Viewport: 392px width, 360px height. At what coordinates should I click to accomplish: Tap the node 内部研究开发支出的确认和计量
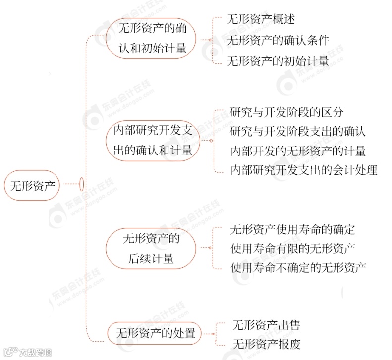point(152,141)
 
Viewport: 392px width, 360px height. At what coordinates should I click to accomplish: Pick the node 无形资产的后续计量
point(151,249)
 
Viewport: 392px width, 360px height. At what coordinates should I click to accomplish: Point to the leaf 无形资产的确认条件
point(278,40)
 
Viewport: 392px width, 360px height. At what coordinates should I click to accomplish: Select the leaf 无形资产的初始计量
point(278,61)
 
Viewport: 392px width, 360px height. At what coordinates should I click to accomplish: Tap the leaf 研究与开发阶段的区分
point(287,112)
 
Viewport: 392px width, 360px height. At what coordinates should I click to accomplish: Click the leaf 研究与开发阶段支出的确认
point(298,131)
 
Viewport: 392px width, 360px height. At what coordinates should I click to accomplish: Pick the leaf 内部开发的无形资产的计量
point(298,151)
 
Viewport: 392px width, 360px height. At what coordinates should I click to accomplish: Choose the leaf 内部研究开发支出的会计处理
point(304,170)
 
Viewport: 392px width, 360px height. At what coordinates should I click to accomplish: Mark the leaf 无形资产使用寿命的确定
point(292,229)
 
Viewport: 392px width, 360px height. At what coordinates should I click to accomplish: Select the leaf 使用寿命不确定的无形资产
point(298,268)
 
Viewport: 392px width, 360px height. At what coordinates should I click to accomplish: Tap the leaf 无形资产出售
point(266,325)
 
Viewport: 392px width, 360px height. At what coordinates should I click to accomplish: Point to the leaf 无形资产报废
point(266,344)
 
